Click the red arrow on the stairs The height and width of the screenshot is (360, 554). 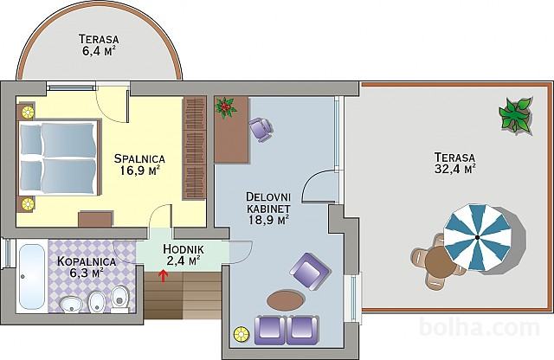tap(163, 276)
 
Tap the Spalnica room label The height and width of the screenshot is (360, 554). tap(139, 158)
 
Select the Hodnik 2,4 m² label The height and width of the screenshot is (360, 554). tap(183, 255)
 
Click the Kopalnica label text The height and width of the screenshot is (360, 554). tap(87, 262)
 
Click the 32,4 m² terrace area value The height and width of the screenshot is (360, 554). tap(454, 169)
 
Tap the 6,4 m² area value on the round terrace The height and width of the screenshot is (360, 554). tap(99, 51)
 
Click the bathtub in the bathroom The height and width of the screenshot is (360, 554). tap(32, 276)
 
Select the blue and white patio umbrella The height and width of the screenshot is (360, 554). tap(478, 237)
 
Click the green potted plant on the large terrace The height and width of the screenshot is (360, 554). tap(516, 115)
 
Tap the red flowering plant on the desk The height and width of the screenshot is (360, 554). tap(225, 108)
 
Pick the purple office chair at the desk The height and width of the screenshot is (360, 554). tap(261, 129)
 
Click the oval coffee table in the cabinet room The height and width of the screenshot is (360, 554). tap(286, 300)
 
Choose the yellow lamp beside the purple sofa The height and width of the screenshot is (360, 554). tap(242, 334)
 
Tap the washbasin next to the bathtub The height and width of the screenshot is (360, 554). tap(71, 305)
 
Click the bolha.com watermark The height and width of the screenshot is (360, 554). tap(480, 328)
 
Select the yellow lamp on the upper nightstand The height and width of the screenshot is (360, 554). tap(28, 112)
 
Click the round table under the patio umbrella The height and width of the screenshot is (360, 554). tap(439, 262)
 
